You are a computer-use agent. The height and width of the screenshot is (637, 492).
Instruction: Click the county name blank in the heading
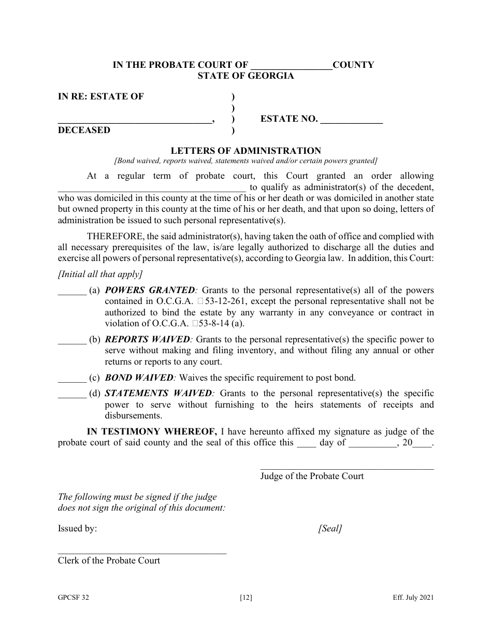(291, 66)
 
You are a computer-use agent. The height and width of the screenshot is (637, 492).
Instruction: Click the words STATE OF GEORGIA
(245, 76)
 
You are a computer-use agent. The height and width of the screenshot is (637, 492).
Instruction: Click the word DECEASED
(84, 130)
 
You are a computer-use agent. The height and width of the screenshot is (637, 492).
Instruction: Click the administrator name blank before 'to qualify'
(151, 188)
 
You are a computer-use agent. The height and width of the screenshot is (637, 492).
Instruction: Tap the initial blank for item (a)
(72, 291)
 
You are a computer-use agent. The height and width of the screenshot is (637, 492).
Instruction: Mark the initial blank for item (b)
(72, 340)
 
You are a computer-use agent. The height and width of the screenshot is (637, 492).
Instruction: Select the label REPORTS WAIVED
(148, 340)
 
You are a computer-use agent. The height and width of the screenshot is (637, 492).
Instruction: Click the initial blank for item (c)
(72, 378)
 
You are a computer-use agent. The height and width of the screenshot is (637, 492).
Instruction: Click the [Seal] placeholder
(330, 529)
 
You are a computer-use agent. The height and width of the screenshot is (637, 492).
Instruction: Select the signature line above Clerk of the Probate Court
(142, 553)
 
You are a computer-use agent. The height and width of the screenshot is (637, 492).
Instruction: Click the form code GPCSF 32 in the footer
(73, 598)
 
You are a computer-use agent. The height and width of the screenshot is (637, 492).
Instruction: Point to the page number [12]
(246, 598)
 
